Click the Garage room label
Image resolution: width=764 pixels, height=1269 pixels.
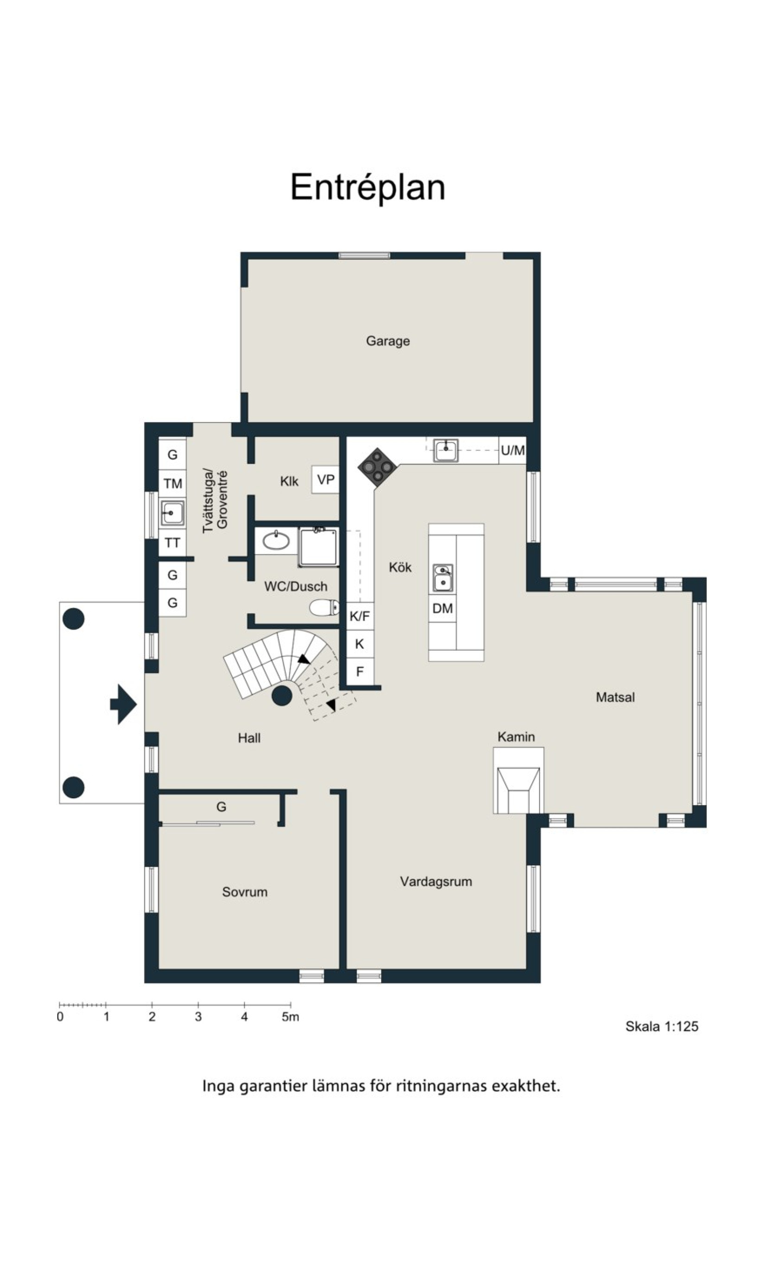[388, 341]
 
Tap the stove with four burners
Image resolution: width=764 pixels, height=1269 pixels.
[377, 467]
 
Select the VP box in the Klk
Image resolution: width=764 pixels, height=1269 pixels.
[325, 480]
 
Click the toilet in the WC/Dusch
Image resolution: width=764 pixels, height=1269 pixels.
[324, 608]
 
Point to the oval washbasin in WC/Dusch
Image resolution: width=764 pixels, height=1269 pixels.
[276, 541]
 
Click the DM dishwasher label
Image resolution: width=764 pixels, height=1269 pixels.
[442, 608]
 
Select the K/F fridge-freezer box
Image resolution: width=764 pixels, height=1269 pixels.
[359, 616]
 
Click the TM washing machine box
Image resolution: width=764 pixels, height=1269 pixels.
[172, 483]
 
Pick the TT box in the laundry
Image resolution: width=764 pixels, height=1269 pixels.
[172, 542]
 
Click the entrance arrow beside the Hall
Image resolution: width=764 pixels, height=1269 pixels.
[124, 704]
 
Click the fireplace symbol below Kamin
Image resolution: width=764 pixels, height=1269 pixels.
[518, 781]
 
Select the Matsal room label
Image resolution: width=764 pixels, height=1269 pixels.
[615, 697]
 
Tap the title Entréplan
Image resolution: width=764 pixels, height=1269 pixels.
[368, 187]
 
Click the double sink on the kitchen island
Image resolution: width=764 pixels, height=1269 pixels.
[442, 578]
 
